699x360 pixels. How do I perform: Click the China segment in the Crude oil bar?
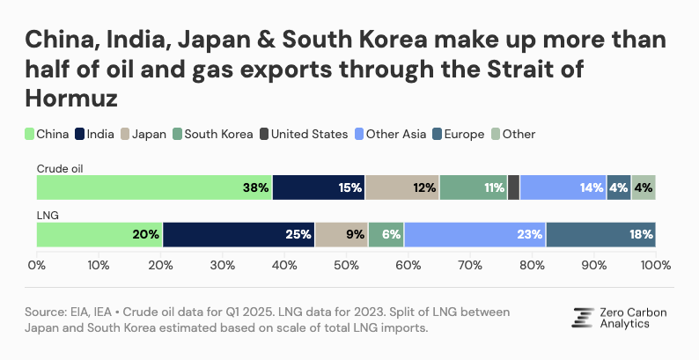pyautogui.click(x=154, y=187)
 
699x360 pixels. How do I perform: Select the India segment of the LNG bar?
pyautogui.click(x=239, y=234)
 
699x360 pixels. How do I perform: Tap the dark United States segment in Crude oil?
pyautogui.click(x=514, y=187)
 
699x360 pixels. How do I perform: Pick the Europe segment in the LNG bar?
pyautogui.click(x=600, y=234)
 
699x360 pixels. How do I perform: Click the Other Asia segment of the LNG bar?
pyautogui.click(x=475, y=234)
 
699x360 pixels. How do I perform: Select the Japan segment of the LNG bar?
pyautogui.click(x=342, y=234)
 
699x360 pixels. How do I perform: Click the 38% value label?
pyautogui.click(x=255, y=187)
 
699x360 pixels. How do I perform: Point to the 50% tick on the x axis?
pyautogui.click(x=346, y=264)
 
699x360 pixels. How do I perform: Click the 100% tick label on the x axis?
pyautogui.click(x=654, y=264)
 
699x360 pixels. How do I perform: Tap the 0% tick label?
pyautogui.click(x=37, y=264)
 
